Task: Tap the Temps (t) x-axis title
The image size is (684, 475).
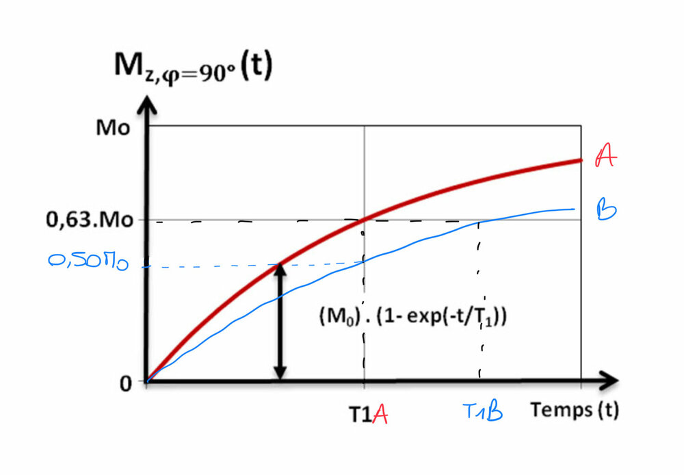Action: point(574,411)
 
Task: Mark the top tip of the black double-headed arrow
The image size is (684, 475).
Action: point(279,266)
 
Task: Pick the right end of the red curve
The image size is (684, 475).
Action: point(581,160)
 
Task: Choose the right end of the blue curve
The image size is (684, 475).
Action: point(574,209)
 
